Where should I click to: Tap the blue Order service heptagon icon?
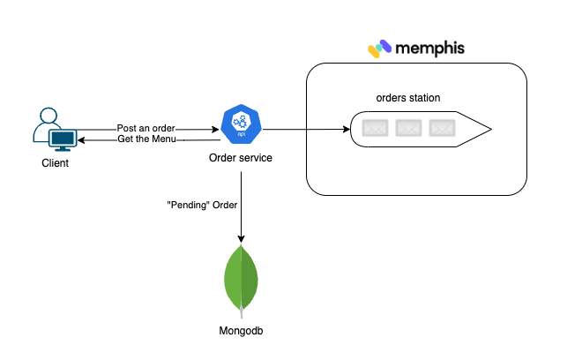(240, 124)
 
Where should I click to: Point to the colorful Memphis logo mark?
(380, 48)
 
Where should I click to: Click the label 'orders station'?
(407, 97)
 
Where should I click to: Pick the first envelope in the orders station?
(375, 129)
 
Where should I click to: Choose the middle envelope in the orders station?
(407, 129)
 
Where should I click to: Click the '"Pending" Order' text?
(202, 205)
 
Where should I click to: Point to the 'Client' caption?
(55, 164)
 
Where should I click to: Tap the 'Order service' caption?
(240, 158)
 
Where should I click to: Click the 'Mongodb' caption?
(241, 331)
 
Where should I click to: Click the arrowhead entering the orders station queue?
(345, 130)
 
